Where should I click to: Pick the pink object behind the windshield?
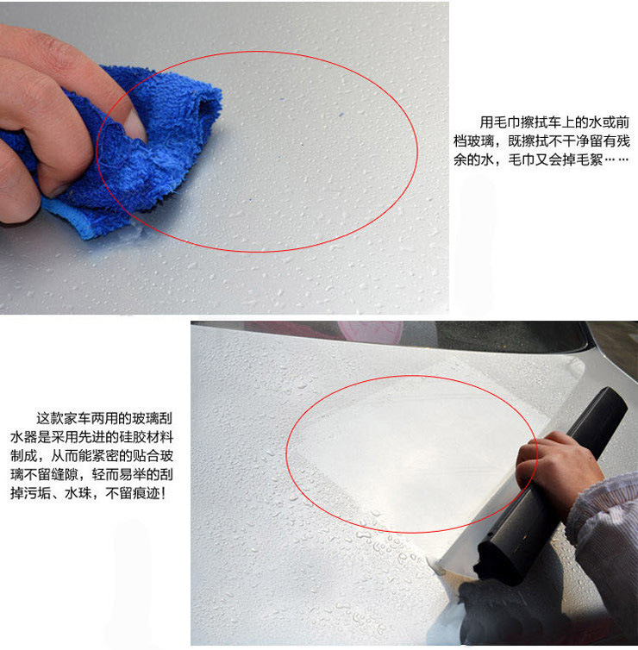[x=370, y=332]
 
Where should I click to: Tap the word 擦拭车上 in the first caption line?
[x=548, y=122]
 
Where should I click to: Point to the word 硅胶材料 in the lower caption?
[x=147, y=437]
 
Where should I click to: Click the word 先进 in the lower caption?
[x=92, y=437]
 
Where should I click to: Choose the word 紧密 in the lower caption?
[x=106, y=455]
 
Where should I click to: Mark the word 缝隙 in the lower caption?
[x=65, y=474]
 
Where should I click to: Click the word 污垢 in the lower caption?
[x=38, y=493]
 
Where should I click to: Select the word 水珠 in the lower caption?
[x=78, y=493]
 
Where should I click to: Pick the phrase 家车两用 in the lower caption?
[x=91, y=418]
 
